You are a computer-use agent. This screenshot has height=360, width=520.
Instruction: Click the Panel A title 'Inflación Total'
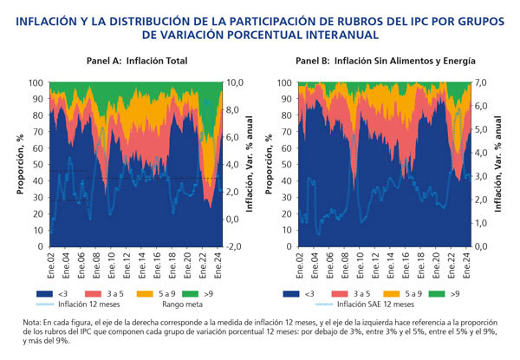pos(159,61)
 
